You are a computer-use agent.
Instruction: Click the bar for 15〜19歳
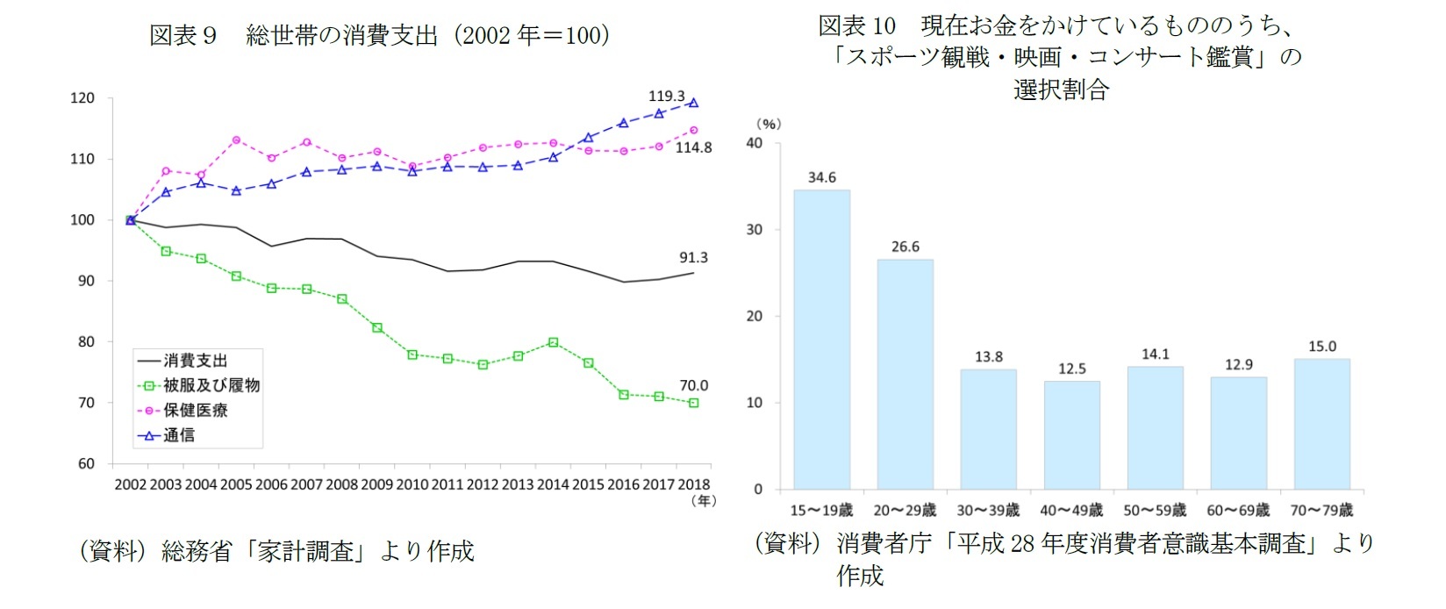tap(821, 340)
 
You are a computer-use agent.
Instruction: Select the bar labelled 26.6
tap(905, 374)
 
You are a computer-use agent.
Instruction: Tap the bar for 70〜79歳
tap(1321, 424)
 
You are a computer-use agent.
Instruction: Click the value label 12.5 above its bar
tap(1071, 369)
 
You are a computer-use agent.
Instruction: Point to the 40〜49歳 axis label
tap(1071, 510)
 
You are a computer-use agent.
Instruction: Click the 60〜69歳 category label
tap(1238, 510)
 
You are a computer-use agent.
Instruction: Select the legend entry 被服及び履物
tap(211, 385)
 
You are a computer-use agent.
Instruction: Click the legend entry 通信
tap(179, 434)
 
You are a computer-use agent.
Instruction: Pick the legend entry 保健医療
tap(196, 410)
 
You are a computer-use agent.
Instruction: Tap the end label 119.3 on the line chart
tap(666, 96)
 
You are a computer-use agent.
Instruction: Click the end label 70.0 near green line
tap(693, 385)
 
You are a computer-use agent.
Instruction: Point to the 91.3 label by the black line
tap(693, 257)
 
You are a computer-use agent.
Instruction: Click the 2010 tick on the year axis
tap(412, 484)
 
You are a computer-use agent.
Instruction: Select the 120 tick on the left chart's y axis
tap(82, 98)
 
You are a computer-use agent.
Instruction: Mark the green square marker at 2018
tap(693, 403)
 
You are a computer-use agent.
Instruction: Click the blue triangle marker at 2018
tap(693, 103)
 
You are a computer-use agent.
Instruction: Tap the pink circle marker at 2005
tap(236, 140)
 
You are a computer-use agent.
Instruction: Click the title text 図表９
tap(183, 35)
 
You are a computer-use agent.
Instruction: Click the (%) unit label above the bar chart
tap(769, 124)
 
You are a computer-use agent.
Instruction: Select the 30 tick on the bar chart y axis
tap(755, 229)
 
